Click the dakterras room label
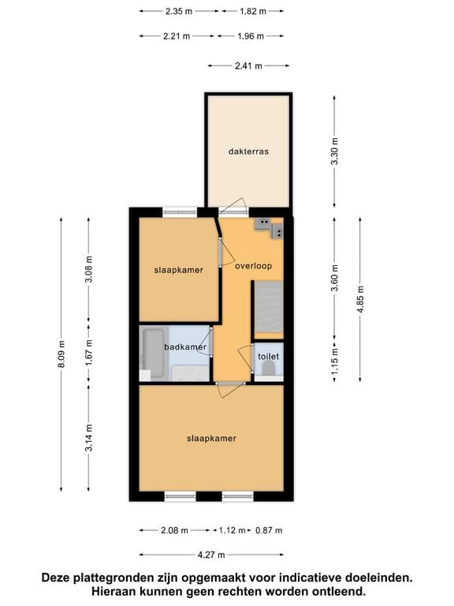(248, 151)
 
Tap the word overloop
(253, 266)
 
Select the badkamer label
(185, 347)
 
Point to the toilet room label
(268, 357)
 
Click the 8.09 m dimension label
(61, 354)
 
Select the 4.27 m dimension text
(211, 555)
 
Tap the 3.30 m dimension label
(334, 151)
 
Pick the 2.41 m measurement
(248, 66)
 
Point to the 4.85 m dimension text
(360, 300)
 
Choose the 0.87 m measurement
(269, 530)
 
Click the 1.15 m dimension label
(334, 361)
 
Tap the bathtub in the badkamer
(154, 353)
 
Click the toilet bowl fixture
(268, 370)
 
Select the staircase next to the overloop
(268, 310)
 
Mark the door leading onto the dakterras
(233, 208)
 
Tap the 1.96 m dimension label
(251, 36)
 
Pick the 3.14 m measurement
(89, 437)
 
